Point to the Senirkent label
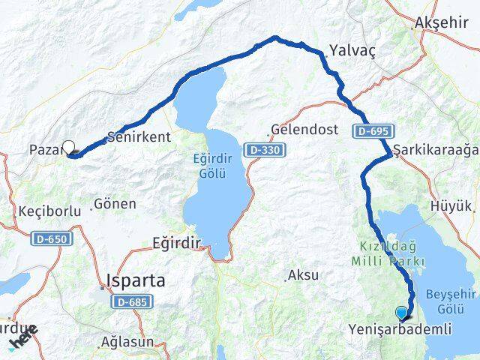[139, 137]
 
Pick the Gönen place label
[115, 203]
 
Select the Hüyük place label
[452, 205]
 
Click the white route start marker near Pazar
[69, 148]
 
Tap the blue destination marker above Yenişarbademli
[402, 313]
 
